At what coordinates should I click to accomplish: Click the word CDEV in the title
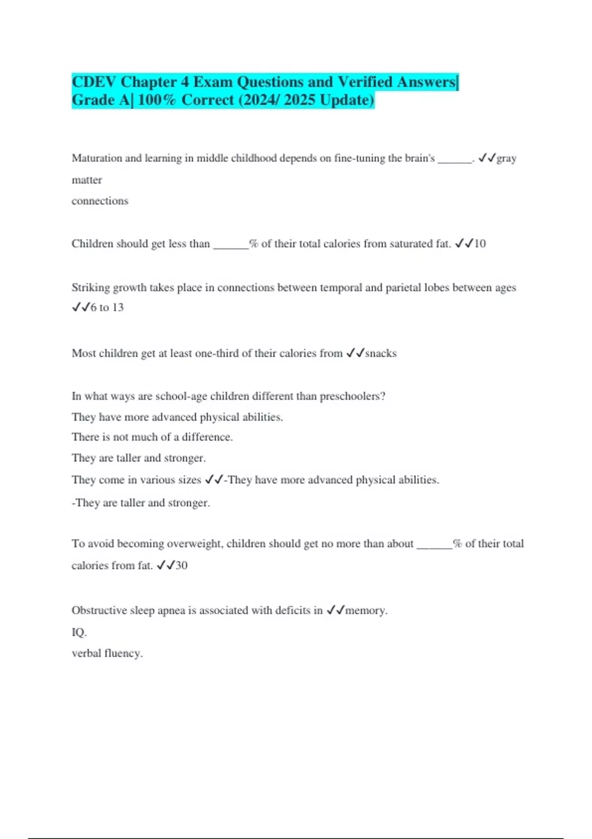[94, 82]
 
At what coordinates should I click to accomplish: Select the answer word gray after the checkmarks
[506, 159]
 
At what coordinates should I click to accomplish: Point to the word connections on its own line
[100, 201]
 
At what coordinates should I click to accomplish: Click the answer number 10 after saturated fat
[480, 244]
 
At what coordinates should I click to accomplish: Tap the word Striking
[91, 288]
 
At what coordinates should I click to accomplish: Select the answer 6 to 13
[107, 307]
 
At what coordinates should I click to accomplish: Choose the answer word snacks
[381, 353]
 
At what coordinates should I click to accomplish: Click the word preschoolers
[352, 396]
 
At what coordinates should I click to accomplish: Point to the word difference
[207, 437]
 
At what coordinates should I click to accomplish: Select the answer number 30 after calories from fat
[182, 566]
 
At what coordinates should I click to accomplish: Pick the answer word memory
[366, 610]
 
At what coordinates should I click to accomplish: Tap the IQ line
[79, 632]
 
